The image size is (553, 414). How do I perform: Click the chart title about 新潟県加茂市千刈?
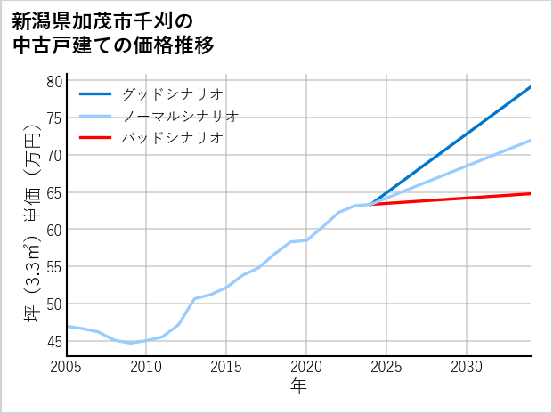coord(114,33)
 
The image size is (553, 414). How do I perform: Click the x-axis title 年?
coord(299,386)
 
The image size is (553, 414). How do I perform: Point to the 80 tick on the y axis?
coord(54,81)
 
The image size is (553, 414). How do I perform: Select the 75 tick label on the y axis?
coord(54,118)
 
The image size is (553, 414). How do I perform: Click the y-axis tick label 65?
coord(54,192)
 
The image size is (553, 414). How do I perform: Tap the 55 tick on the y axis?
coord(54,266)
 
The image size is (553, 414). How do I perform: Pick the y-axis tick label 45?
coord(54,341)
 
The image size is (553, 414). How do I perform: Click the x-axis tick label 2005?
coord(67,367)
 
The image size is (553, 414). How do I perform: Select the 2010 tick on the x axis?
coord(146,367)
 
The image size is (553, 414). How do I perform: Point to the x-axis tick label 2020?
coord(306,367)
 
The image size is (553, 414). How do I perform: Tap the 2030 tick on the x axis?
coord(467,367)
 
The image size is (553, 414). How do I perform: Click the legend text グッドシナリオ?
coord(172,93)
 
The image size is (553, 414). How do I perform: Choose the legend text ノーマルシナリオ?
coord(180,116)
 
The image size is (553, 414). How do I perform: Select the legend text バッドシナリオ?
coord(172,138)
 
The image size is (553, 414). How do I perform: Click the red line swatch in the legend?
coord(95,138)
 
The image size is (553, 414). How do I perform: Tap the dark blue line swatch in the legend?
coord(95,93)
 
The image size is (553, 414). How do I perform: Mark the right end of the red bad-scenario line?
coord(530,193)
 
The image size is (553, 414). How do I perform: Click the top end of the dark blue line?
coord(530,87)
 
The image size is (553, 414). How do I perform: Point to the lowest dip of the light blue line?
coord(130,343)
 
